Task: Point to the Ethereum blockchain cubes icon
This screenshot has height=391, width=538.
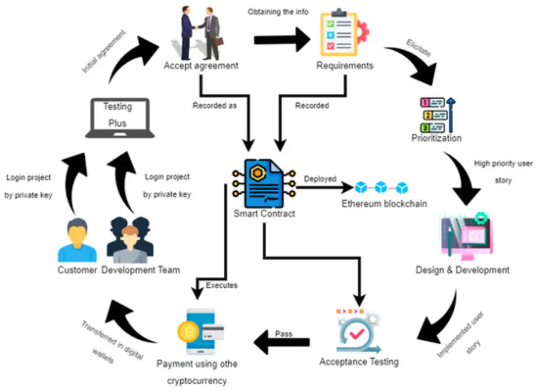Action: [381, 186]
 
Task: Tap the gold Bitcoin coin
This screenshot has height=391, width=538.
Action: [189, 331]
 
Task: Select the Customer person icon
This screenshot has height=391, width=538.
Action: [77, 241]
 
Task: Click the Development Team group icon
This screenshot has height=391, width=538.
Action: [130, 240]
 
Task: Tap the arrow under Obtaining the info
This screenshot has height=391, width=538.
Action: [282, 39]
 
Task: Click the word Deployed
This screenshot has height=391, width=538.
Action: [320, 179]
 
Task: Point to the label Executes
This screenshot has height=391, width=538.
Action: [221, 285]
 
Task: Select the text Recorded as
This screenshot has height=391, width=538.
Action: [215, 106]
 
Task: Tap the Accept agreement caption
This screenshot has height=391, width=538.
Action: [201, 66]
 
